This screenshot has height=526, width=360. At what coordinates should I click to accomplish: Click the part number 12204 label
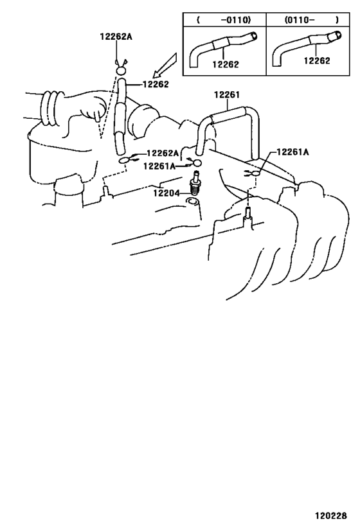coord(166,193)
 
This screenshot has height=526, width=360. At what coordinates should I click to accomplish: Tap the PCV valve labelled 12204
coord(194,184)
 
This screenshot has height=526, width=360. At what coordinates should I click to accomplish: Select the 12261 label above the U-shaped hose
coord(227,95)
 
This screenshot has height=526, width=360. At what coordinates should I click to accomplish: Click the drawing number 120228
coord(331,515)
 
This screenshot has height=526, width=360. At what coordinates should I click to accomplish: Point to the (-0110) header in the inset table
coord(224,20)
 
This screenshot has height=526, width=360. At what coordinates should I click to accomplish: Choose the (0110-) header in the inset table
coord(312,20)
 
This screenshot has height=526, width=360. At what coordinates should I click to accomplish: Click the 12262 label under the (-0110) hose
coord(226,64)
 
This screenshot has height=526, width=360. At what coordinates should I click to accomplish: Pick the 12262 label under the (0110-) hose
coord(317,60)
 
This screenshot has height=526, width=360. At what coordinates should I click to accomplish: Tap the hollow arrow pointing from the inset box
coord(165,66)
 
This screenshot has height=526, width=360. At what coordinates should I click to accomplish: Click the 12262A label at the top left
coord(116,36)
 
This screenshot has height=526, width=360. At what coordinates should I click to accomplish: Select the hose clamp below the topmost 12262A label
coord(121,69)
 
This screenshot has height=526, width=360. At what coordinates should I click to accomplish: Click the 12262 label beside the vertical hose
coord(156,84)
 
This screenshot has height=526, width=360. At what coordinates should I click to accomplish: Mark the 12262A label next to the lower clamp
coord(163,153)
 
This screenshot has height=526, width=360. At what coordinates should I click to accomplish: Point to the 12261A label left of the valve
coord(159,166)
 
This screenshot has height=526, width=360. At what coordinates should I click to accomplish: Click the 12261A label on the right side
coord(292,152)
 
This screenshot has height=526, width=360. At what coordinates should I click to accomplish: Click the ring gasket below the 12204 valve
coord(193,201)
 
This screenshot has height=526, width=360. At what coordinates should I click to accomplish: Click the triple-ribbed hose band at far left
coord(52,108)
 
